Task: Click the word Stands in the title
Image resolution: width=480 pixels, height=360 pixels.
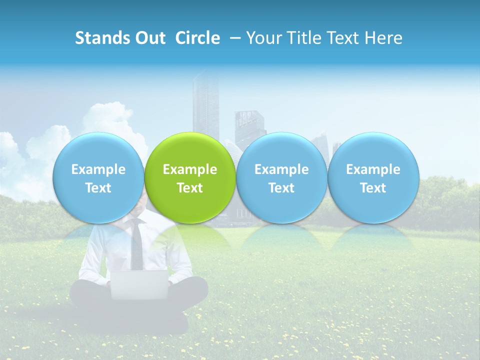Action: (103, 38)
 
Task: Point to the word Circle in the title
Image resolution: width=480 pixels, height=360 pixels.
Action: (197, 38)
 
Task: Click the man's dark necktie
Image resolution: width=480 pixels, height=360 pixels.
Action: (136, 247)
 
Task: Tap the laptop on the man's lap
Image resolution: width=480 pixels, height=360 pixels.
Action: (139, 284)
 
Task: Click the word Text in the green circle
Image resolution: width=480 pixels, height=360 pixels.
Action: (190, 188)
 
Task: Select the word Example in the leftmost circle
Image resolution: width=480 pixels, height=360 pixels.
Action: (98, 169)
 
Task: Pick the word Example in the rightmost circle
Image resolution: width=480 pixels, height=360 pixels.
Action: (373, 169)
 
